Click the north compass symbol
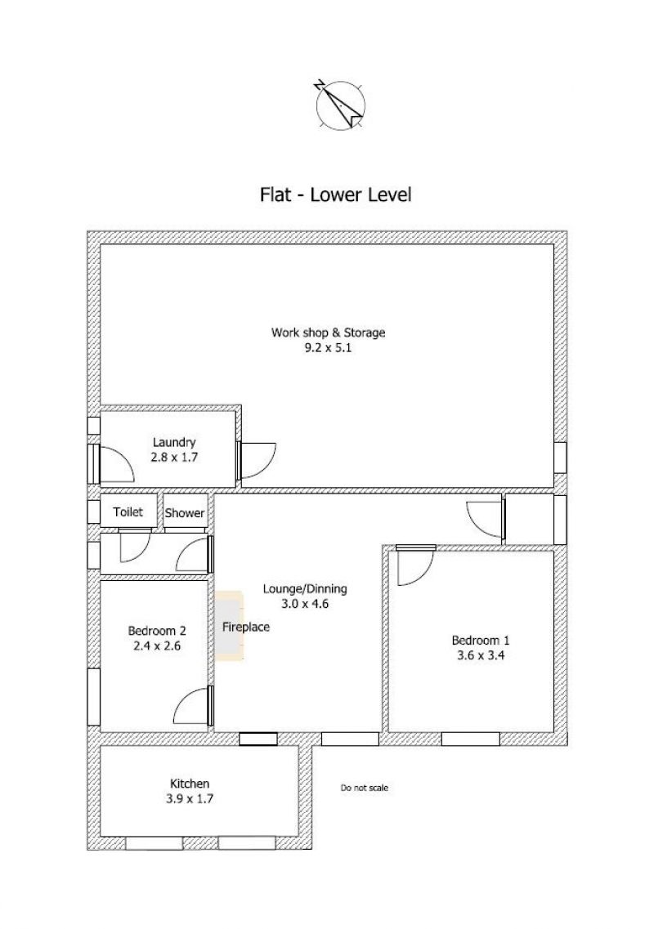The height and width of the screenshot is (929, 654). point(340,105)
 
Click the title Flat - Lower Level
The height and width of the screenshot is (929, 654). point(336,194)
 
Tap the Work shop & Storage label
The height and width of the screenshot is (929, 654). point(328,333)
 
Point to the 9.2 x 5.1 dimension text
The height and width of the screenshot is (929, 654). point(328,348)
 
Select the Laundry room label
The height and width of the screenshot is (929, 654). point(174,442)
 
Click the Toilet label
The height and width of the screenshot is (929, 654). point(128,511)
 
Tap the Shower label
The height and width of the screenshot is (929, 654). point(185,513)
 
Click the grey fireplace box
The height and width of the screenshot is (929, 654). point(230,626)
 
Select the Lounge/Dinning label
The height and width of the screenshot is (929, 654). point(305,589)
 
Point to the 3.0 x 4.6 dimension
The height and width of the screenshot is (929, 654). point(305,604)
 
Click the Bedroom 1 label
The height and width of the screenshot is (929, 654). point(480,640)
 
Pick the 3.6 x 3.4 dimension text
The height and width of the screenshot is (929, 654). point(480,655)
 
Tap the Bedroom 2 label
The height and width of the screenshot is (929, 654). point(157,631)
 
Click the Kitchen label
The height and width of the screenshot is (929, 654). point(190,784)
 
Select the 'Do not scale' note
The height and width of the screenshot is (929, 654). point(364,788)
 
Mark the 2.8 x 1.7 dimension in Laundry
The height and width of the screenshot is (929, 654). point(174,458)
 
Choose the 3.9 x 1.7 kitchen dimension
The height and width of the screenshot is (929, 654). point(190,798)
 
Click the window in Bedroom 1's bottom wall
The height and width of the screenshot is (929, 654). point(470,739)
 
